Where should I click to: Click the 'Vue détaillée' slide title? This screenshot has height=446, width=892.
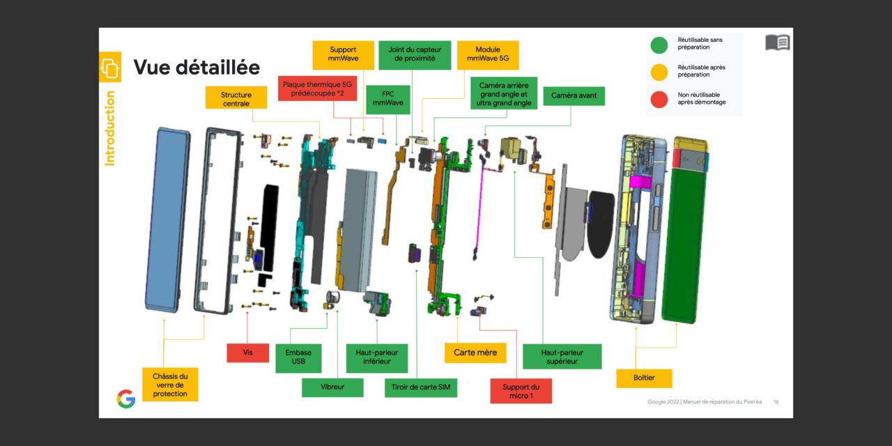pyautogui.click(x=197, y=68)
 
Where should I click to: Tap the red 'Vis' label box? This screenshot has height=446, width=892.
pyautogui.click(x=247, y=353)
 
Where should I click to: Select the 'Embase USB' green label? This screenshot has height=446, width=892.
pyautogui.click(x=298, y=357)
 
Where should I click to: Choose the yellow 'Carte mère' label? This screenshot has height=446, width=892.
pyautogui.click(x=475, y=353)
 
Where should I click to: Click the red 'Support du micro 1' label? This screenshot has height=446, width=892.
pyautogui.click(x=521, y=391)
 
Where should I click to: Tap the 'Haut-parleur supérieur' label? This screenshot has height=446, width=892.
pyautogui.click(x=562, y=357)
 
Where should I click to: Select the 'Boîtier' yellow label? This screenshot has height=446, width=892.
pyautogui.click(x=644, y=378)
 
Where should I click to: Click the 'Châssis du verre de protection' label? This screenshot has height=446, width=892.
pyautogui.click(x=170, y=385)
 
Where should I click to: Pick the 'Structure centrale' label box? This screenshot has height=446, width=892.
pyautogui.click(x=236, y=99)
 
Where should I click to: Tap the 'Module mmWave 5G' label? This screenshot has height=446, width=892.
pyautogui.click(x=492, y=55)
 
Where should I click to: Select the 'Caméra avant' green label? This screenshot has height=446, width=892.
pyautogui.click(x=574, y=95)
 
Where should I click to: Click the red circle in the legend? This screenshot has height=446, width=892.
pyautogui.click(x=659, y=99)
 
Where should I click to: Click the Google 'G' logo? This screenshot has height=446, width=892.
pyautogui.click(x=125, y=399)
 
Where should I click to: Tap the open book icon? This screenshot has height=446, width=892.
pyautogui.click(x=777, y=43)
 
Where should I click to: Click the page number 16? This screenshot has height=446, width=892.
pyautogui.click(x=776, y=402)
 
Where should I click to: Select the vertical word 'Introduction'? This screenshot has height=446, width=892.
pyautogui.click(x=110, y=129)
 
